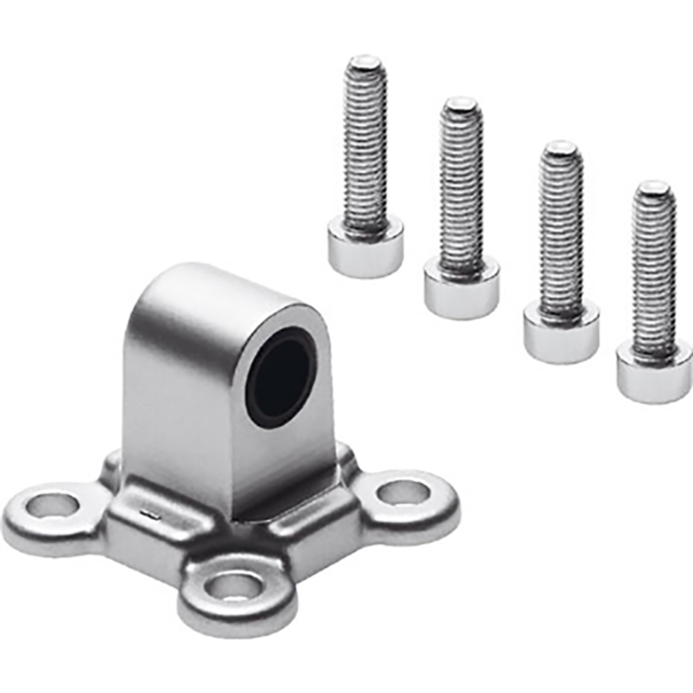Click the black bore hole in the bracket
(x=280, y=377)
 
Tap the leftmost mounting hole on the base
(x=51, y=506)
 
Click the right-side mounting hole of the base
(x=404, y=491)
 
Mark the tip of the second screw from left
(x=461, y=105)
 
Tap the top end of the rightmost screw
(x=654, y=189)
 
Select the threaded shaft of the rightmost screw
(x=654, y=267)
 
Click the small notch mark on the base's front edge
(x=147, y=513)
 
